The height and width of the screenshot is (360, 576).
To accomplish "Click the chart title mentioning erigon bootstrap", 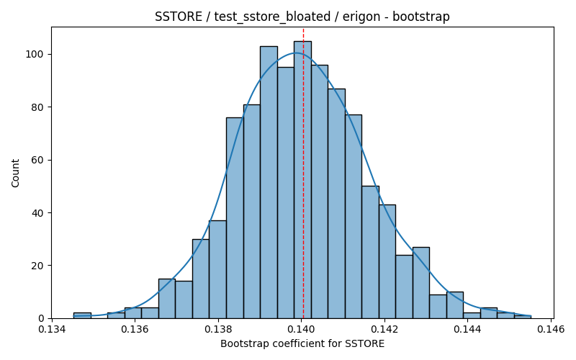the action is (302, 17).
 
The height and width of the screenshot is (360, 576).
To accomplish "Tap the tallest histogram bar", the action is (302, 179).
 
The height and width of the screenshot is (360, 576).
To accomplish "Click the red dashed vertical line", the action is (303, 173).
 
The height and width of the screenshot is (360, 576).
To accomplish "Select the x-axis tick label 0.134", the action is (52, 329).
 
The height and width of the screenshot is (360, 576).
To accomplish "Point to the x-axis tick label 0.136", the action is (135, 329).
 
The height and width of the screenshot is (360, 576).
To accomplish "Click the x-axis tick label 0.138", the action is (218, 329).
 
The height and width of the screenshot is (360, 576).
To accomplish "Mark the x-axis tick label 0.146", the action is (550, 329).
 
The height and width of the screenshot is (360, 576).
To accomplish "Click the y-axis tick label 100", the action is (34, 55).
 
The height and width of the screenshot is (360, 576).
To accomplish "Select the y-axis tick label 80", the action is (37, 107).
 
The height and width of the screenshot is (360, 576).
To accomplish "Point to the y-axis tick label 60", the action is (37, 160).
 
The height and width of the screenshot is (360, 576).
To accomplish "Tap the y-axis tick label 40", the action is (37, 213).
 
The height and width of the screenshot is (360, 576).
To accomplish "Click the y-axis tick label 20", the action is (37, 266).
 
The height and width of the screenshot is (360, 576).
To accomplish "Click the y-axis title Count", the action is (15, 173).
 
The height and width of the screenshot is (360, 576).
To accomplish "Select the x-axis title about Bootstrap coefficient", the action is (302, 344).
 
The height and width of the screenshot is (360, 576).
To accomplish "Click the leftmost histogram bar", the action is (82, 315).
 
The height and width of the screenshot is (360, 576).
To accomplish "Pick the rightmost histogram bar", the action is (523, 317).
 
